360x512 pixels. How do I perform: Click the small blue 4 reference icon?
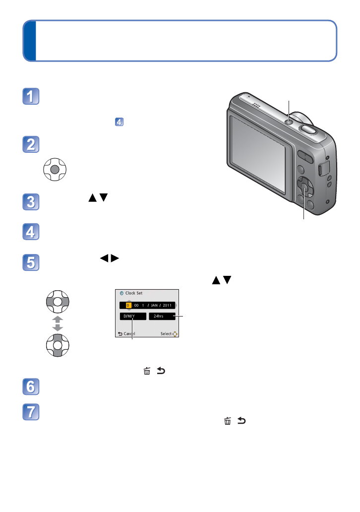tap(119, 121)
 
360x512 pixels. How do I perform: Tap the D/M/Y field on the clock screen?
tap(132, 316)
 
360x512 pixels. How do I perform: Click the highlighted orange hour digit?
tap(128, 305)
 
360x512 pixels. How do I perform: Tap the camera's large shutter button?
tap(308, 128)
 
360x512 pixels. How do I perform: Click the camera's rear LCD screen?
tap(258, 154)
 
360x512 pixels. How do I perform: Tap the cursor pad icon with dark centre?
tap(55, 169)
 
